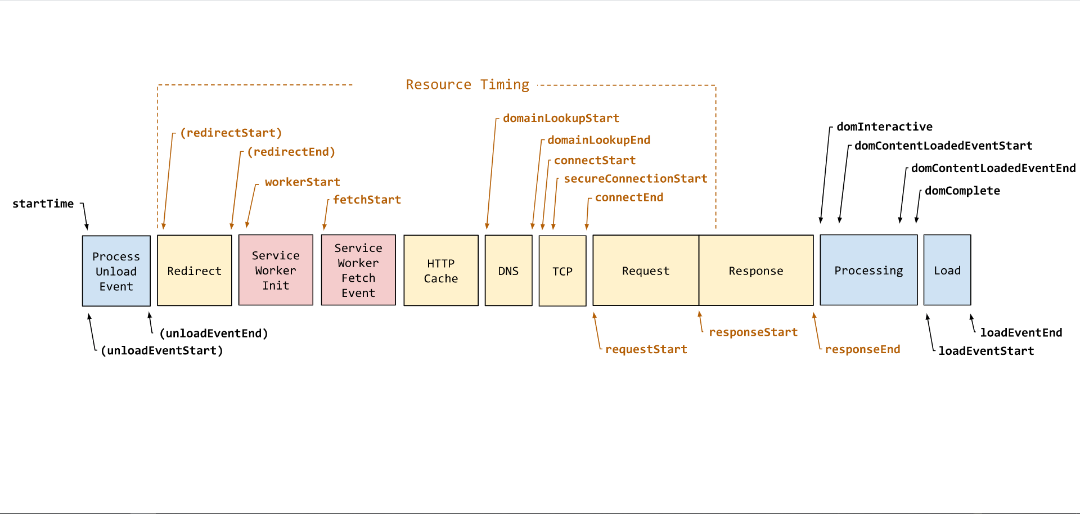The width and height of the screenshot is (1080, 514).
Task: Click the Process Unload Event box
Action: (116, 271)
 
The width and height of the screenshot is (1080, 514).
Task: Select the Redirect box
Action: (195, 270)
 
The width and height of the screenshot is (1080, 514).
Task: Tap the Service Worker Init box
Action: (276, 270)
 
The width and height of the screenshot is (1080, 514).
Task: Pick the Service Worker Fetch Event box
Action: (358, 270)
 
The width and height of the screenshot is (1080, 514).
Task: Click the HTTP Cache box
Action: (441, 270)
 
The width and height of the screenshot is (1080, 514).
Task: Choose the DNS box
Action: (508, 270)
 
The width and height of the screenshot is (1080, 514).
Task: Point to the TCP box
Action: (562, 271)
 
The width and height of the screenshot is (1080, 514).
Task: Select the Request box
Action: (646, 270)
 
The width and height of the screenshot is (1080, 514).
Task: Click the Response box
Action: (756, 270)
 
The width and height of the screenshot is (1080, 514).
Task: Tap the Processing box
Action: (868, 270)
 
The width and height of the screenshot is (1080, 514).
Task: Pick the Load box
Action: (947, 270)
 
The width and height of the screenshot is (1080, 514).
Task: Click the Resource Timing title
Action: (467, 85)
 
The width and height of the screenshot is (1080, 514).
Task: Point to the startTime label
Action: (43, 204)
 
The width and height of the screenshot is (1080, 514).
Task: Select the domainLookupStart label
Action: (561, 118)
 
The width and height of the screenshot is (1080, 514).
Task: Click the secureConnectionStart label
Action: (636, 178)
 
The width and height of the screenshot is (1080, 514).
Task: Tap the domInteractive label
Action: (884, 127)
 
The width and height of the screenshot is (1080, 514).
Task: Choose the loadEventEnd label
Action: (1021, 332)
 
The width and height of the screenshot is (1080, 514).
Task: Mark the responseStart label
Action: (753, 332)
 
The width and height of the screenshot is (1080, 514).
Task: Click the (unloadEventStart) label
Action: (162, 350)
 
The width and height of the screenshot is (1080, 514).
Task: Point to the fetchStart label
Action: (367, 200)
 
